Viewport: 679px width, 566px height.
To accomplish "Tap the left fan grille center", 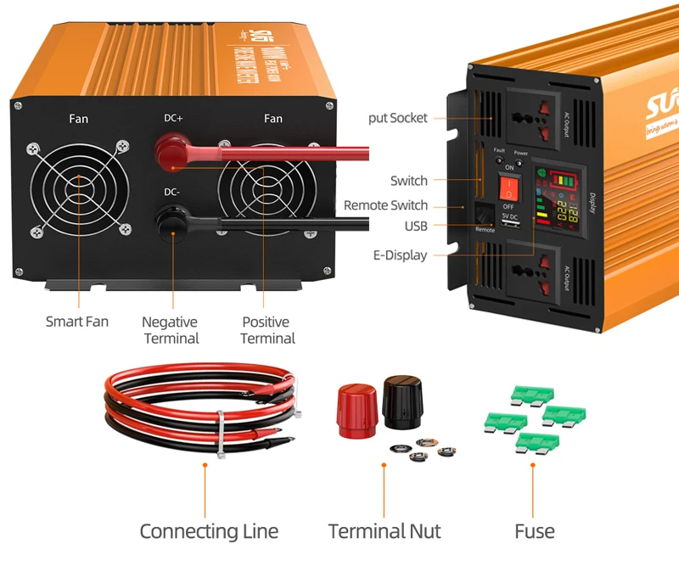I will pos(78,188).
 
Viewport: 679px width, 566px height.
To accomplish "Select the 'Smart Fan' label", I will pos(77,322).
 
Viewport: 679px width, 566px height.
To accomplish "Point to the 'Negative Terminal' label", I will pos(170,330).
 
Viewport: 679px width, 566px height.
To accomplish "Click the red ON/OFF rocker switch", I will pos(508,187).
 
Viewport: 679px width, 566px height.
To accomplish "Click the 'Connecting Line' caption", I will pos(209,531).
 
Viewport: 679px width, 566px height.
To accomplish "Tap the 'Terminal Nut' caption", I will pos(384,531).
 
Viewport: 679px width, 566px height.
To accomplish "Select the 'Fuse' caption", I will pos(534,531).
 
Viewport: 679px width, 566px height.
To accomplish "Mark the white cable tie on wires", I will pos(219,433).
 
